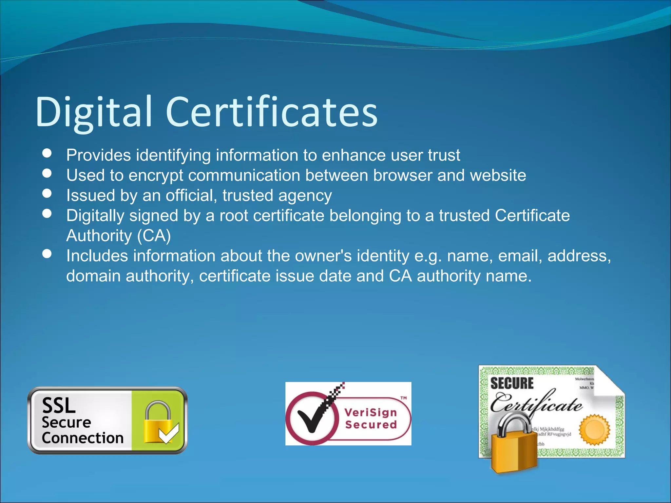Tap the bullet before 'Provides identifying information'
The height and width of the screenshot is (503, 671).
[47, 153]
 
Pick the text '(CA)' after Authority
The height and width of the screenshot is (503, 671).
[154, 236]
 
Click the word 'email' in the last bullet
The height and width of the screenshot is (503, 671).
[520, 256]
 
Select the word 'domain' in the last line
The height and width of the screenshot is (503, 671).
[93, 276]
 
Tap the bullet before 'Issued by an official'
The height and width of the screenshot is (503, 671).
[47, 194]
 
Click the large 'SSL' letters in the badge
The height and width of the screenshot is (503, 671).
[59, 405]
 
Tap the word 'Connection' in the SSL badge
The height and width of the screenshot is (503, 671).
[83, 438]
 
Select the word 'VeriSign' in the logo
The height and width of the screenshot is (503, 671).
[371, 412]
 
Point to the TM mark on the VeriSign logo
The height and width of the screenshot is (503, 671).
[404, 398]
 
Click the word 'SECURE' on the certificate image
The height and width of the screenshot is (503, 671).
[512, 383]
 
